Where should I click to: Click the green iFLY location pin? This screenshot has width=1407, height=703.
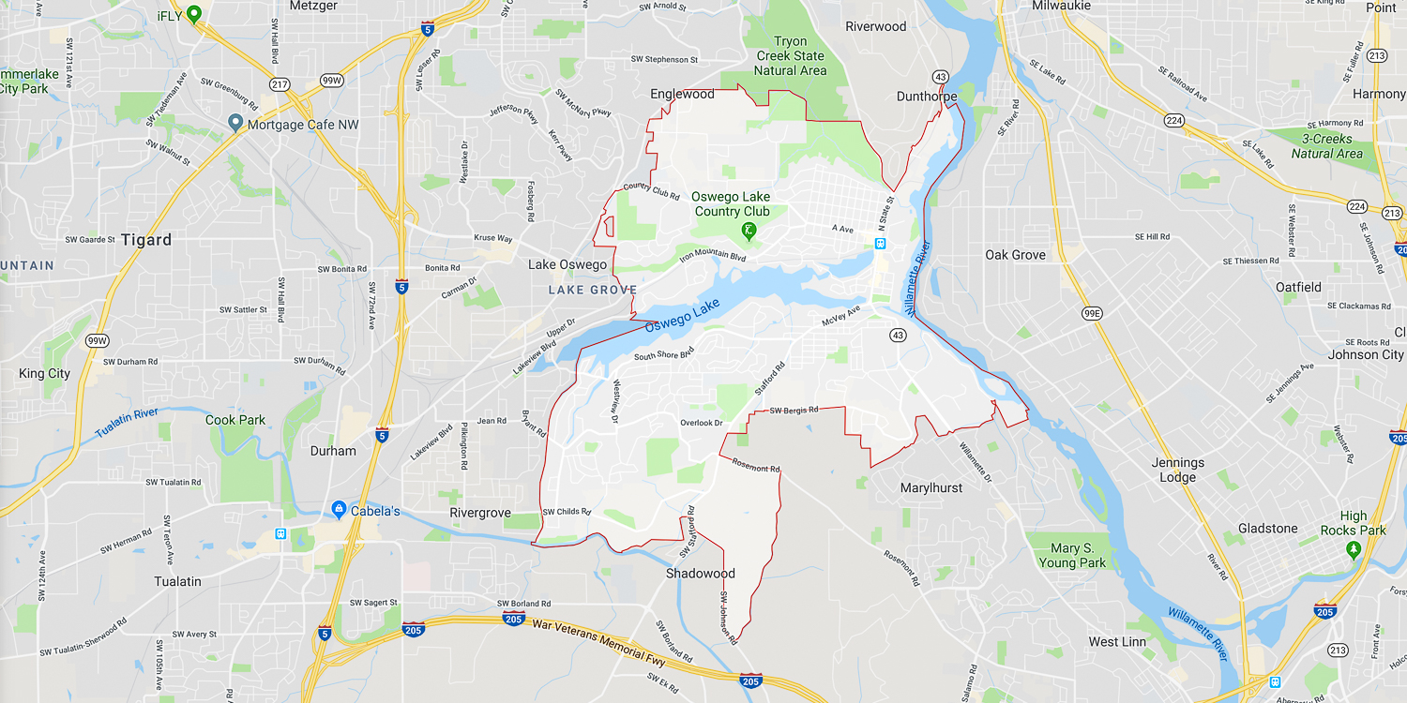pyautogui.click(x=194, y=14)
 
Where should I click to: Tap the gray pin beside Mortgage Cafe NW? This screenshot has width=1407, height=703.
pyautogui.click(x=235, y=124)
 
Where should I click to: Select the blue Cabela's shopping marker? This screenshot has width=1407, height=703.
pyautogui.click(x=340, y=509)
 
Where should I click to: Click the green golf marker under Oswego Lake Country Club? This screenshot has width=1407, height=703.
pyautogui.click(x=749, y=230)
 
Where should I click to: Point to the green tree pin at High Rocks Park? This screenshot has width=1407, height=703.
pyautogui.click(x=1353, y=548)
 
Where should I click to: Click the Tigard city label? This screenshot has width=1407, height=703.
pyautogui.click(x=146, y=240)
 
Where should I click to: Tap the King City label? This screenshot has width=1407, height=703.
pyautogui.click(x=44, y=374)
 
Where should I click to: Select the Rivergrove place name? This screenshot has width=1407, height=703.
pyautogui.click(x=480, y=513)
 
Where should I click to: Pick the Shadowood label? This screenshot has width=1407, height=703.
pyautogui.click(x=701, y=574)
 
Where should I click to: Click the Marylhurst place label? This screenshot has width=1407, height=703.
pyautogui.click(x=931, y=488)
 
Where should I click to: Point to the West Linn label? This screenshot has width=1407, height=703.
pyautogui.click(x=1117, y=642)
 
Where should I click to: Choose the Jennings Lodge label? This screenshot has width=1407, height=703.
pyautogui.click(x=1178, y=470)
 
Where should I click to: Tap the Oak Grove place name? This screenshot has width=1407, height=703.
pyautogui.click(x=1015, y=255)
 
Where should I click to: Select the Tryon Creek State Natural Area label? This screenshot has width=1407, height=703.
pyautogui.click(x=791, y=56)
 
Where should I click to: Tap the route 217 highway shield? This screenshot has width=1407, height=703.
pyautogui.click(x=279, y=83)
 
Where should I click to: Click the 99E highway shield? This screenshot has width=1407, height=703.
pyautogui.click(x=1092, y=313)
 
